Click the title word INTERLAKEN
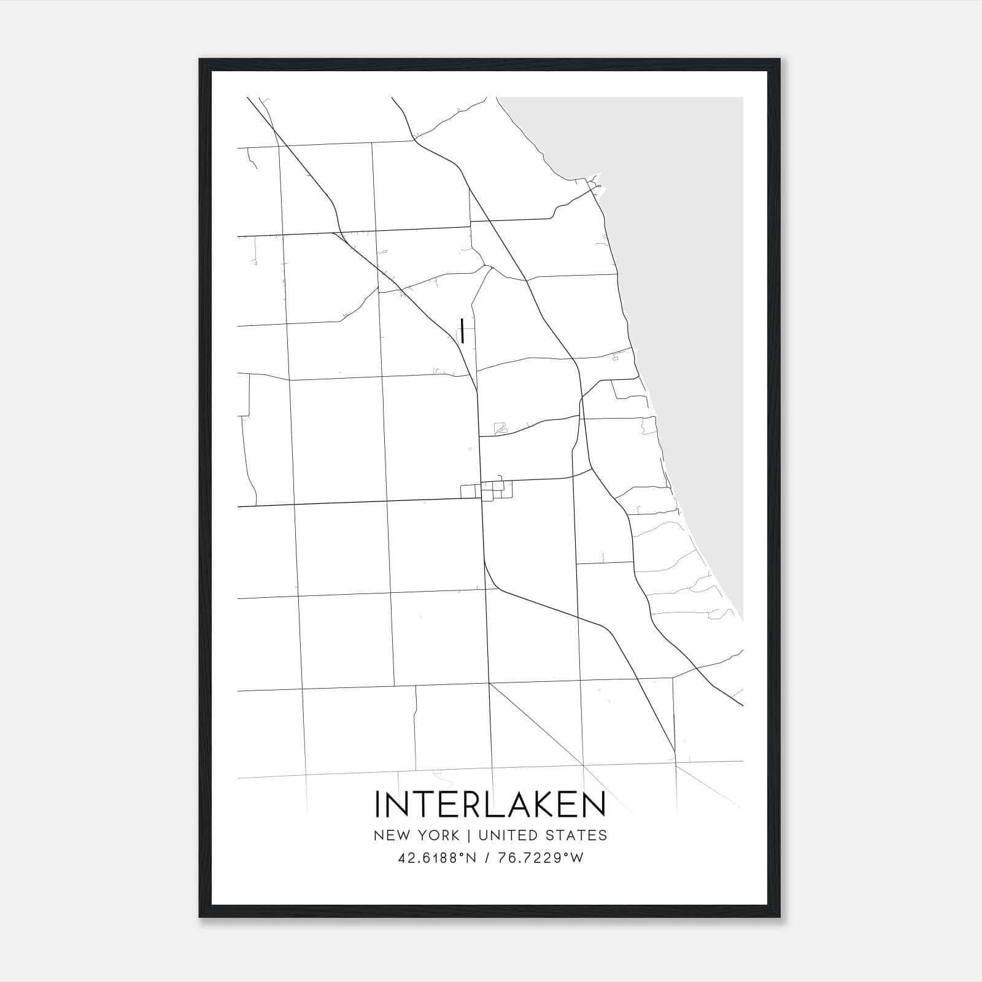click(490, 805)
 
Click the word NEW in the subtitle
click(389, 835)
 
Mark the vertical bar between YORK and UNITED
click(468, 835)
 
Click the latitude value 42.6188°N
click(437, 858)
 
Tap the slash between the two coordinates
click(487, 858)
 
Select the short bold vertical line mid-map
click(462, 331)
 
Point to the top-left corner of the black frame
click(200, 60)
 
